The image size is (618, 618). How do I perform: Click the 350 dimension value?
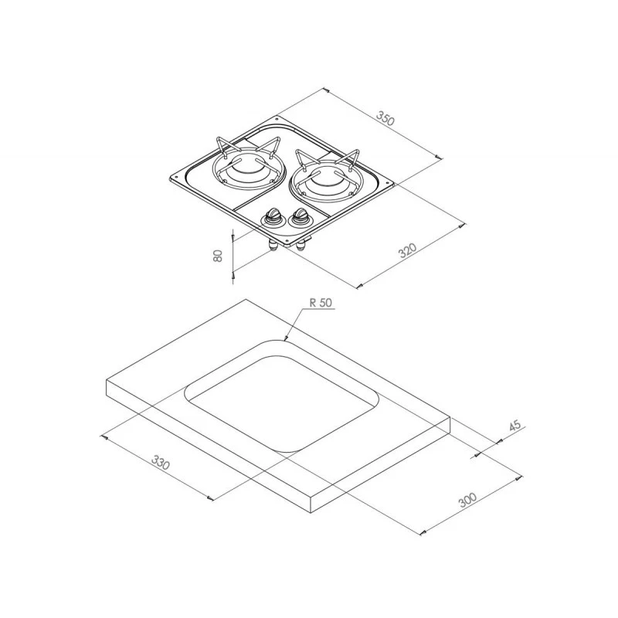tap(385, 118)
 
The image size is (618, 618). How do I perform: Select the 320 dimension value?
tap(408, 250)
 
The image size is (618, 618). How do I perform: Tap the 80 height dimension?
tap(218, 256)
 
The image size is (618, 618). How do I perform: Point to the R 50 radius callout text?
tap(321, 303)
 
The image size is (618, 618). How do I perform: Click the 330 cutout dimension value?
tap(161, 462)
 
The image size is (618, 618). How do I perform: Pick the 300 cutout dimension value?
tap(468, 499)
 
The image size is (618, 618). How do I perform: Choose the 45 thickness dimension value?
tap(515, 426)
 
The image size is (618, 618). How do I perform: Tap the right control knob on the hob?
tap(299, 217)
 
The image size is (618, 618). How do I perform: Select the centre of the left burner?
tap(246, 168)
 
